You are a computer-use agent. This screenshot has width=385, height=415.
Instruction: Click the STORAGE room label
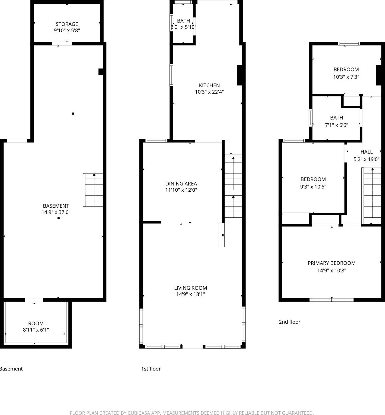tap(67, 24)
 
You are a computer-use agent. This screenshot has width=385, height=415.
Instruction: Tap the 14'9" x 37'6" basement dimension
tap(56, 212)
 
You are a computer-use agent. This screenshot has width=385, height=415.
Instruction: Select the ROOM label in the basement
tap(36, 323)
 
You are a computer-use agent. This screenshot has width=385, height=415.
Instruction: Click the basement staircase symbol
tap(93, 190)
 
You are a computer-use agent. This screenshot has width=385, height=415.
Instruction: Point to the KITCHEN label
tap(209, 85)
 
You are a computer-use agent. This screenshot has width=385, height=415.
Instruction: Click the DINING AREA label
tap(181, 184)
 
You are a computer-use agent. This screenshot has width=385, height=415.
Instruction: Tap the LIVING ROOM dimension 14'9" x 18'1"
tap(191, 294)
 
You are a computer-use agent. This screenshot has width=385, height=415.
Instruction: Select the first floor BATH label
tap(184, 21)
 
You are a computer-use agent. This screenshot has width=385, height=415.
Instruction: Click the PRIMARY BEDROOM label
tap(332, 263)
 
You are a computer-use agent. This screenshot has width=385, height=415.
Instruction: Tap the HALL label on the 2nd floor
tap(366, 152)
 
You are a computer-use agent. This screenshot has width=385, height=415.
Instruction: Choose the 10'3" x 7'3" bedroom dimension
tap(346, 77)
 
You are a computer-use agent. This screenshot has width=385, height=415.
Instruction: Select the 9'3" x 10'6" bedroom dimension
tap(313, 187)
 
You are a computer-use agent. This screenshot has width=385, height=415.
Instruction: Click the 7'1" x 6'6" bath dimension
tap(336, 125)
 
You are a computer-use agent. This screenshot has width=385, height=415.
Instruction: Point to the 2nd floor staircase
tap(372, 196)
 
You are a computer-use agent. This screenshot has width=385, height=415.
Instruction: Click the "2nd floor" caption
tap(289, 322)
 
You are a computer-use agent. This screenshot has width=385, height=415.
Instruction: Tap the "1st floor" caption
tap(151, 369)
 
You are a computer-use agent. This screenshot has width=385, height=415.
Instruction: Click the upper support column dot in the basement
tap(73, 114)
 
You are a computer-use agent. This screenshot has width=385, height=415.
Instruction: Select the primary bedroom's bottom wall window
tap(332, 300)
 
